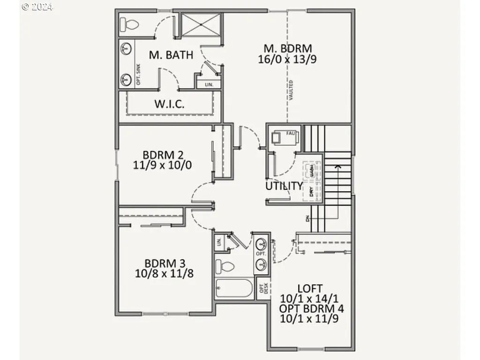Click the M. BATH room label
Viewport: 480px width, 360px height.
[x=171, y=55]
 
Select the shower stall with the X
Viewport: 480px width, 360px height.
[x=201, y=25]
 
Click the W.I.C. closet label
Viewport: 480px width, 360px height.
[x=169, y=104]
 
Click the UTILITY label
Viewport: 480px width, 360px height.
[x=284, y=186]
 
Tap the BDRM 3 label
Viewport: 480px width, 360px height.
[x=164, y=263]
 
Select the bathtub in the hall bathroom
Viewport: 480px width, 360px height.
[x=234, y=288]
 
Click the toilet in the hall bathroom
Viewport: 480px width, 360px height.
[x=225, y=267]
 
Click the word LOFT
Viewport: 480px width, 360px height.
[x=310, y=289]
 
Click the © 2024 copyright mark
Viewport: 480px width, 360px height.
[x=37, y=7]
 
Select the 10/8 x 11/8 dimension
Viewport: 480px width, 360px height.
[x=164, y=273]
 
